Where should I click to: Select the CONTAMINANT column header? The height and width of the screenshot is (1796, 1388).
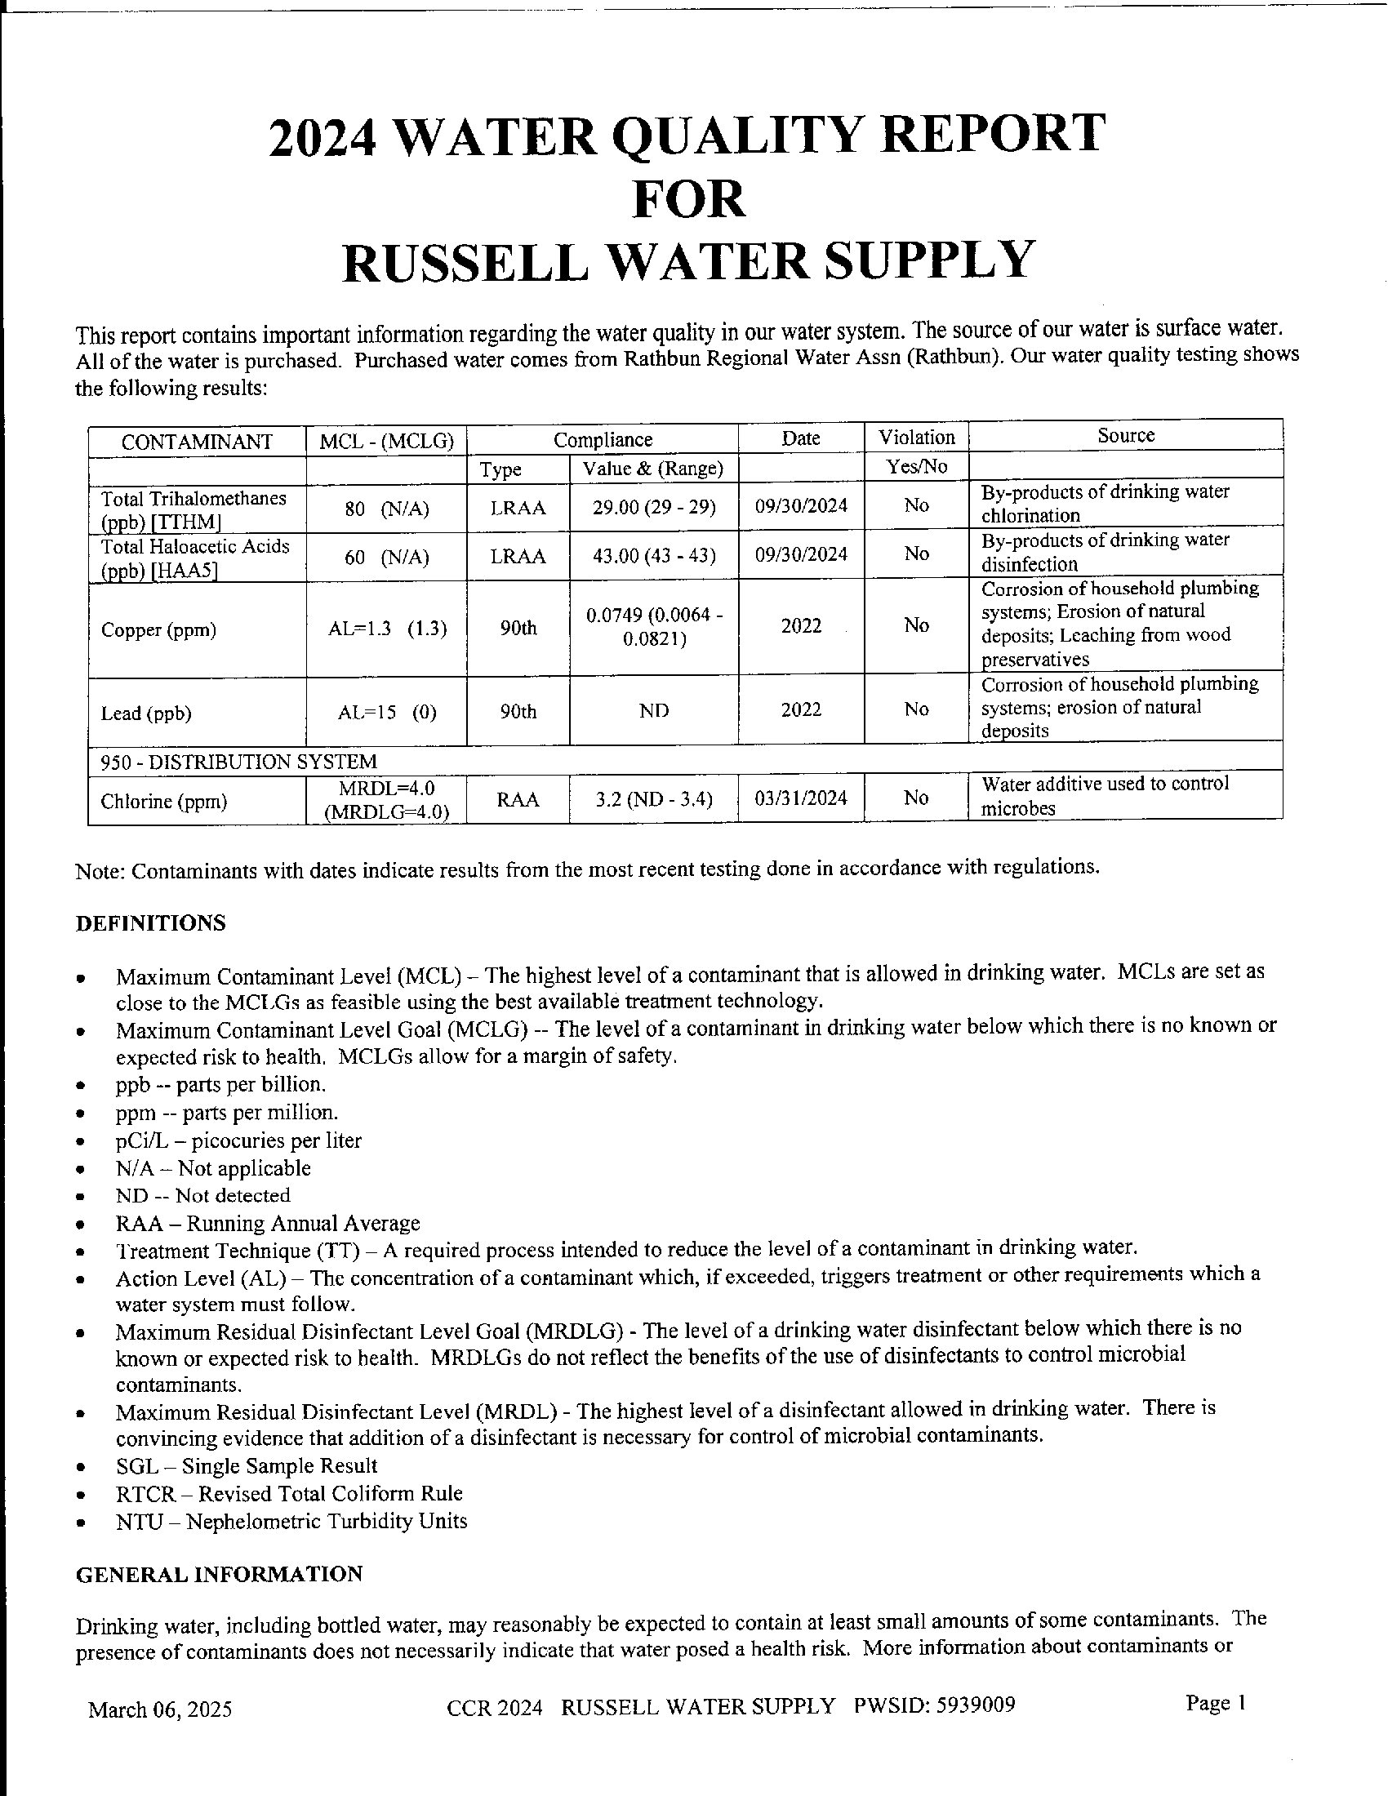click(197, 442)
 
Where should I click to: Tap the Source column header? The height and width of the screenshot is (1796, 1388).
click(1126, 436)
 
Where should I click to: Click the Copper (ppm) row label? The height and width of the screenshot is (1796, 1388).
click(158, 631)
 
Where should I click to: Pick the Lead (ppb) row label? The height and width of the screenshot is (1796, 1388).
click(145, 713)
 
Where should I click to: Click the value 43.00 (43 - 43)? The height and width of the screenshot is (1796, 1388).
click(654, 556)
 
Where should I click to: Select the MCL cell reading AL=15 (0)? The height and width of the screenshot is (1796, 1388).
click(386, 712)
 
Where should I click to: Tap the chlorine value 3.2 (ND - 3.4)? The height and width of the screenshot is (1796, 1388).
click(654, 799)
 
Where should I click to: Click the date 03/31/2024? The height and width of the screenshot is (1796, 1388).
click(801, 798)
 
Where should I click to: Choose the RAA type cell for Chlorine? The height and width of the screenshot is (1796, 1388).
click(518, 799)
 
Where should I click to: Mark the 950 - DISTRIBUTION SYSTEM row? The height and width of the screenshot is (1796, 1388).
click(238, 762)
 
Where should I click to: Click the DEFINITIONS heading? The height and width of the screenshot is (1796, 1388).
click(150, 922)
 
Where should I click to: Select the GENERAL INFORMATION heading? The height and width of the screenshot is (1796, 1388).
click(219, 1574)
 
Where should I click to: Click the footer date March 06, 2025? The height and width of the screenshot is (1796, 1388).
click(159, 1710)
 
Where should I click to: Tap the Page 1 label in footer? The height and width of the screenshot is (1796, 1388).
click(1216, 1703)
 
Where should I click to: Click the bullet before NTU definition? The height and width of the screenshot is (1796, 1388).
click(81, 1523)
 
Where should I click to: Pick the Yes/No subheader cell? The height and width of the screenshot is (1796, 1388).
click(916, 467)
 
